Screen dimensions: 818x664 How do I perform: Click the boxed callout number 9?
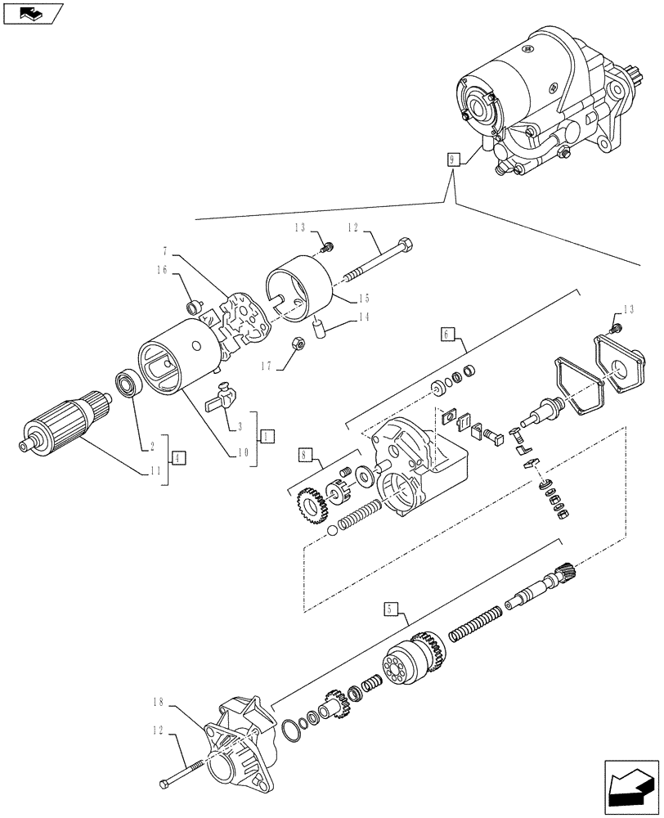pos(451,160)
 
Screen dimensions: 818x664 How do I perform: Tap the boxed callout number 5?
pos(390,608)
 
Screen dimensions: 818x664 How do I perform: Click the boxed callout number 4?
pos(177,458)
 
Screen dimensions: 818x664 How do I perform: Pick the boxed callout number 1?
pos(267,438)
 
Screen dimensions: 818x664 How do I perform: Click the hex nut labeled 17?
pos(298,344)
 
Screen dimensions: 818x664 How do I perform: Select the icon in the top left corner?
pos(33,12)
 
